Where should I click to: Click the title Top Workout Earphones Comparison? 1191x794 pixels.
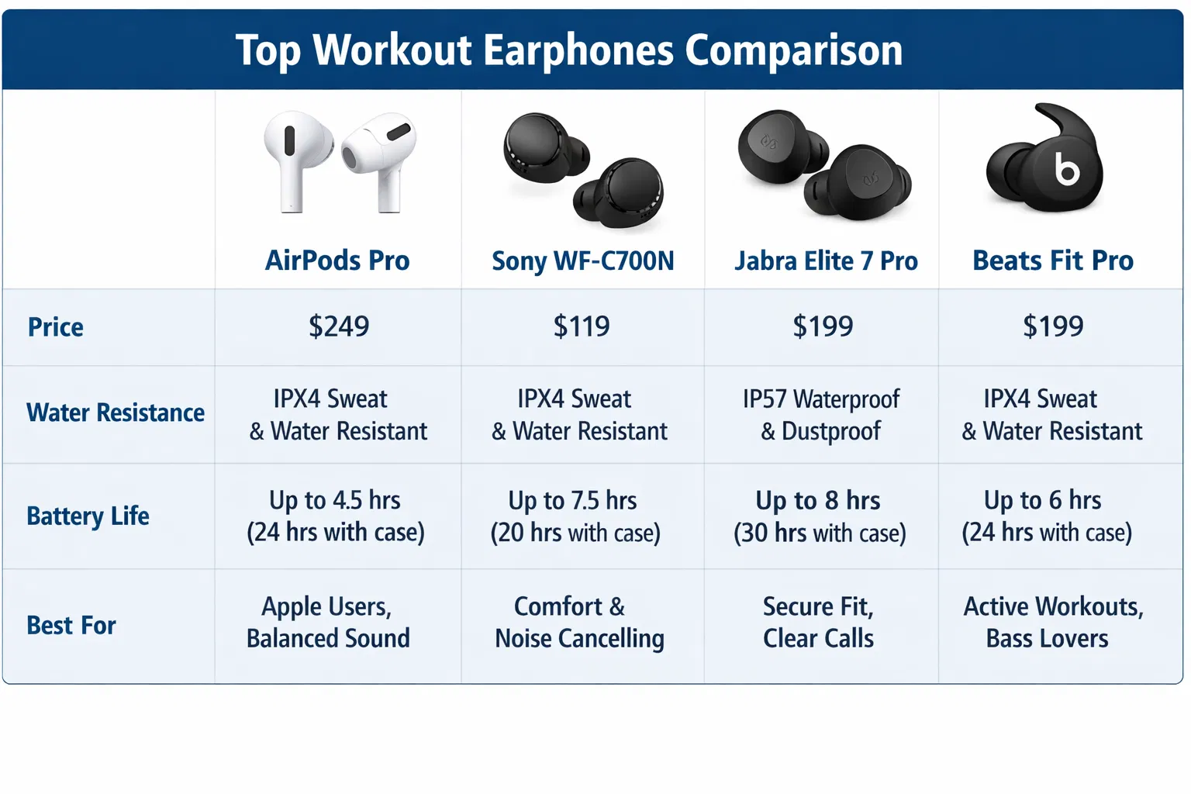point(569,50)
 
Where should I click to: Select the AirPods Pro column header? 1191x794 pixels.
point(337,261)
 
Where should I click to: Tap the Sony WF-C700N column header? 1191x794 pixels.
point(583,261)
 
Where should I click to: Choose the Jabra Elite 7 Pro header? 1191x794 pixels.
point(826,261)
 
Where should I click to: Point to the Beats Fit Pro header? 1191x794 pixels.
point(1053,261)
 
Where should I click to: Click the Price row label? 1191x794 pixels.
point(56,327)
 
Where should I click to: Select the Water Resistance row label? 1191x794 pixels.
point(116,413)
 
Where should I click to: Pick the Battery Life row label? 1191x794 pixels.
point(88,516)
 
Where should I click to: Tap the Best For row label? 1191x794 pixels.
point(71,625)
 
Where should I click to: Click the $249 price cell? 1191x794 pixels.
point(339,326)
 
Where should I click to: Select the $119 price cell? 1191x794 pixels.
point(582,326)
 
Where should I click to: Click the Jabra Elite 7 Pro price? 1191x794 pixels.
point(823,326)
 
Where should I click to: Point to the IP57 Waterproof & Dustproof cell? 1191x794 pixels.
point(821,415)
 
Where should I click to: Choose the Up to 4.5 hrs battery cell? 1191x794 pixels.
point(336,516)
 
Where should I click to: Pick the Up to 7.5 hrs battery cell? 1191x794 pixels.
point(575,516)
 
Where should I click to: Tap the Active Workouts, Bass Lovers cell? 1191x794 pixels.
point(1053,622)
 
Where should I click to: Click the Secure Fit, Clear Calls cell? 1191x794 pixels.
point(818,622)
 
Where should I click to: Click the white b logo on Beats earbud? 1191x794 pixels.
point(1067,168)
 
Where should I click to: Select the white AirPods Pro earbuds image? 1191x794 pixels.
point(339,161)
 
